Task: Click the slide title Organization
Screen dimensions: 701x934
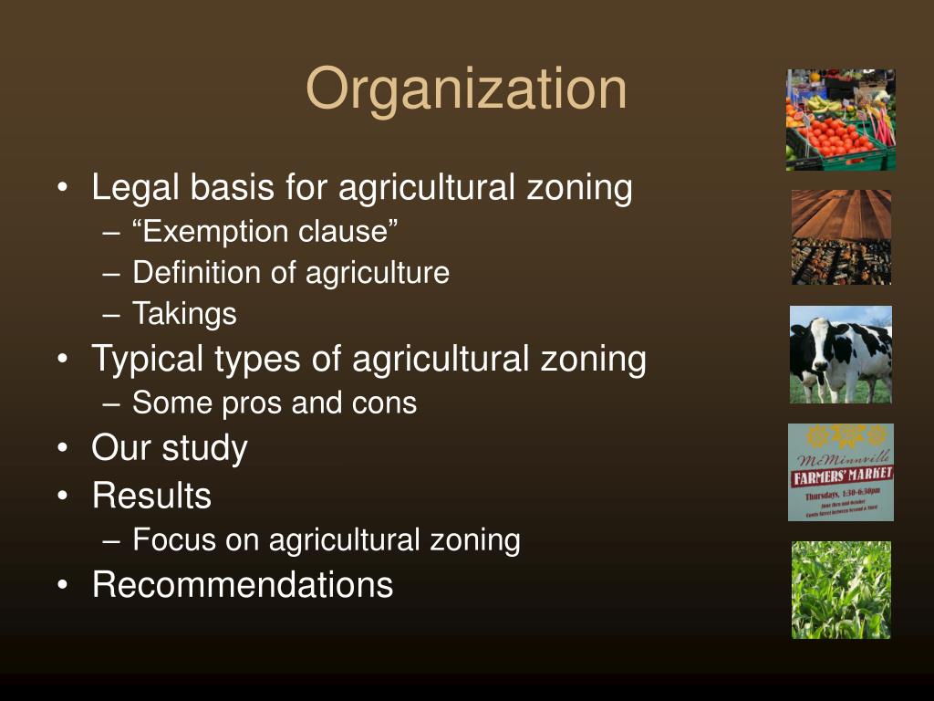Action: [x=466, y=89]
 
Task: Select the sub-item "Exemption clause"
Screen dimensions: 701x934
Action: [x=265, y=232]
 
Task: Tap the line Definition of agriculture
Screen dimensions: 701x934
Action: [x=290, y=273]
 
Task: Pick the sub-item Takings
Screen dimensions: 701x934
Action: [x=184, y=314]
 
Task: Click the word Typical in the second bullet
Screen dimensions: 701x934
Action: [x=148, y=359]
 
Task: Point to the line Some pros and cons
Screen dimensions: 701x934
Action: [x=274, y=403]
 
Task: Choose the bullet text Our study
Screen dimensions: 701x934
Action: [x=170, y=448]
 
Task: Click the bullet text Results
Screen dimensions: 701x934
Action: [x=151, y=496]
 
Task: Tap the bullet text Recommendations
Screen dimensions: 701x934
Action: [x=243, y=584]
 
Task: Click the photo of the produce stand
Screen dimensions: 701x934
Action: [x=840, y=120]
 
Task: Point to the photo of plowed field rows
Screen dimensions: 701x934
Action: [x=840, y=236]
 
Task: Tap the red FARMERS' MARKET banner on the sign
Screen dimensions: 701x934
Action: [x=841, y=476]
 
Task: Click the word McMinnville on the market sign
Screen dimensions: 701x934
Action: [x=840, y=458]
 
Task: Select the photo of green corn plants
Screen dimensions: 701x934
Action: [x=840, y=590]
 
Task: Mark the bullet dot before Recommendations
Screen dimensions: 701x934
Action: [x=62, y=584]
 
